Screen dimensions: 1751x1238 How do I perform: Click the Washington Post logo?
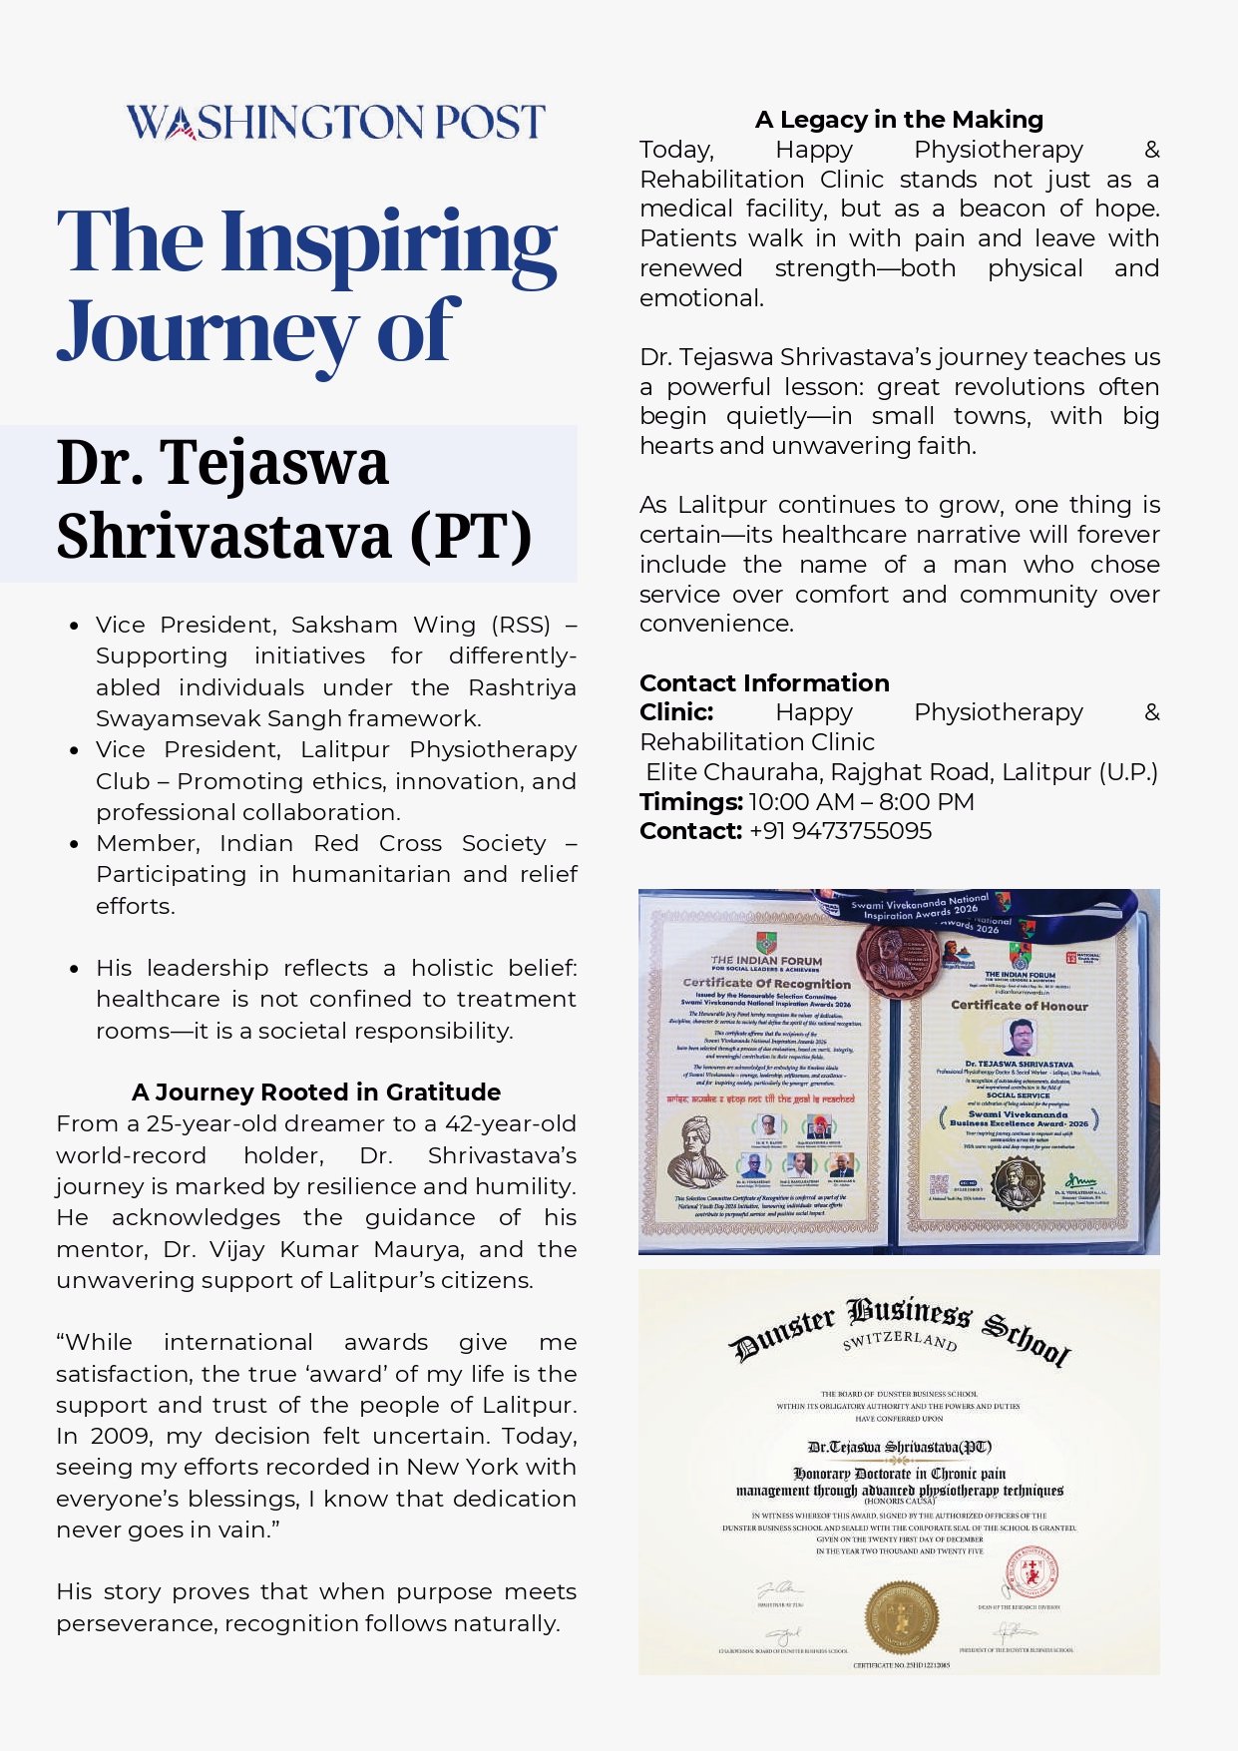[x=335, y=122]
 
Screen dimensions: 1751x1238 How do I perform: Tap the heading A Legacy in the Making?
[x=899, y=120]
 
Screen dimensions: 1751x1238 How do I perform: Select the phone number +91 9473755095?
[x=840, y=831]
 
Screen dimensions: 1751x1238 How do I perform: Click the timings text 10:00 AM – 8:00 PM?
[x=861, y=801]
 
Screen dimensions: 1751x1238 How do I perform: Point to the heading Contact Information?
[x=764, y=682]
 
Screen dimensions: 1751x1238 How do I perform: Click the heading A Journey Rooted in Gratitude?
[x=315, y=1092]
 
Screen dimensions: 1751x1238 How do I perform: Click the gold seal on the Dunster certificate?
[x=901, y=1616]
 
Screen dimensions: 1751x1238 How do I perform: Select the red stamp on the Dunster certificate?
[x=1031, y=1575]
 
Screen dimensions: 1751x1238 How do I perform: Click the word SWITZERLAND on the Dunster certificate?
[x=900, y=1339]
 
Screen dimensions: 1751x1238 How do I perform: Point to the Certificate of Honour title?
[x=1019, y=1005]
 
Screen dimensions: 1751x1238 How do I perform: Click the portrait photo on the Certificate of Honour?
[x=1019, y=1038]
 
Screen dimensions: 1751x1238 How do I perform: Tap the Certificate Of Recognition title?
[x=766, y=983]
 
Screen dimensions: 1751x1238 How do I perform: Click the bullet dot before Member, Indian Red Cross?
[x=74, y=844]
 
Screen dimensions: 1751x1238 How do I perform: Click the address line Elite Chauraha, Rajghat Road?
[x=901, y=772]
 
